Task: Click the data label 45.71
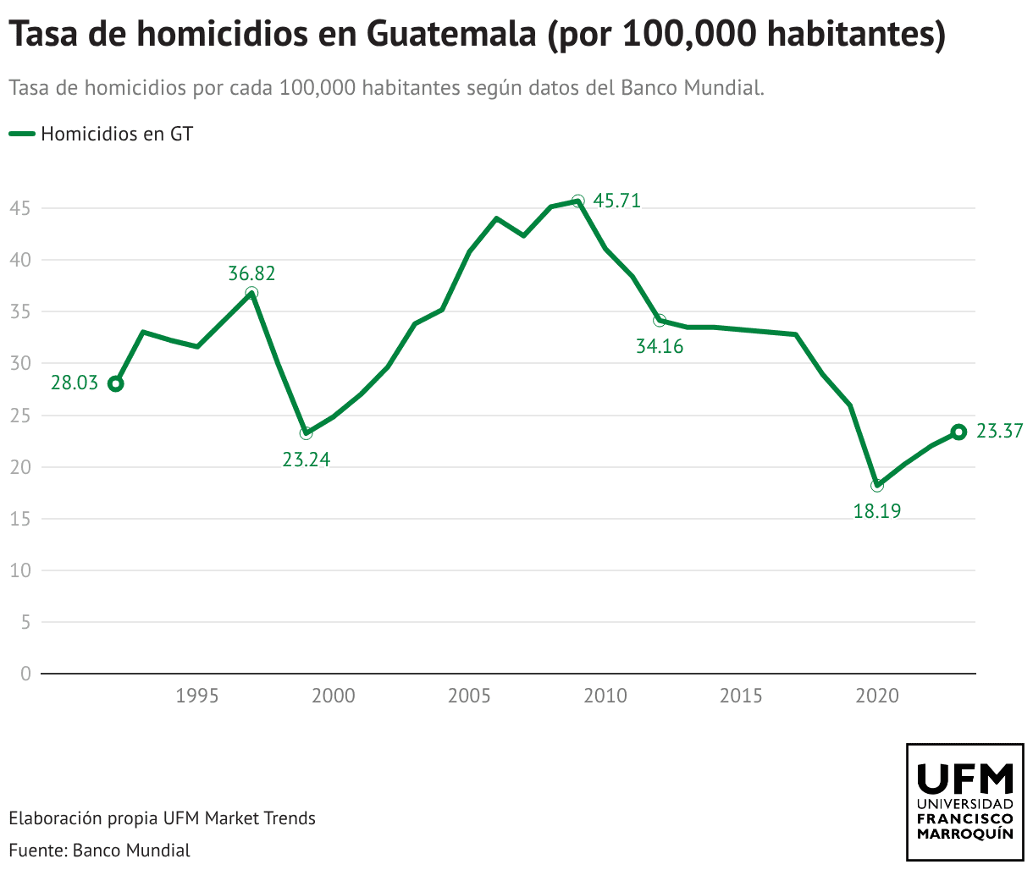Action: (x=616, y=201)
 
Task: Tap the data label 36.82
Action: (x=251, y=273)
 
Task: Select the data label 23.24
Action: (x=306, y=460)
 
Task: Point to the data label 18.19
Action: (x=876, y=511)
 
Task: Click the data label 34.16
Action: (x=660, y=346)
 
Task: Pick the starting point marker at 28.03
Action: (x=116, y=383)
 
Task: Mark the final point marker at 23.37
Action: (x=958, y=432)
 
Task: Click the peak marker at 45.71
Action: (x=577, y=201)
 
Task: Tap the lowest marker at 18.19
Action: (x=877, y=485)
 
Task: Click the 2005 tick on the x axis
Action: (x=469, y=697)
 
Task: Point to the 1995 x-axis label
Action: (x=197, y=697)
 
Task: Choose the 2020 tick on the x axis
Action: (x=876, y=697)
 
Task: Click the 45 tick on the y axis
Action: (x=21, y=208)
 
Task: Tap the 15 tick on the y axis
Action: (x=21, y=519)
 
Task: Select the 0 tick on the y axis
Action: (x=25, y=674)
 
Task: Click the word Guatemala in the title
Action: (x=451, y=35)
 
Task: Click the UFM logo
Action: (x=964, y=801)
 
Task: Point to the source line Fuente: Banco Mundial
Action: (x=99, y=850)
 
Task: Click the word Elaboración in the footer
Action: (x=54, y=818)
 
